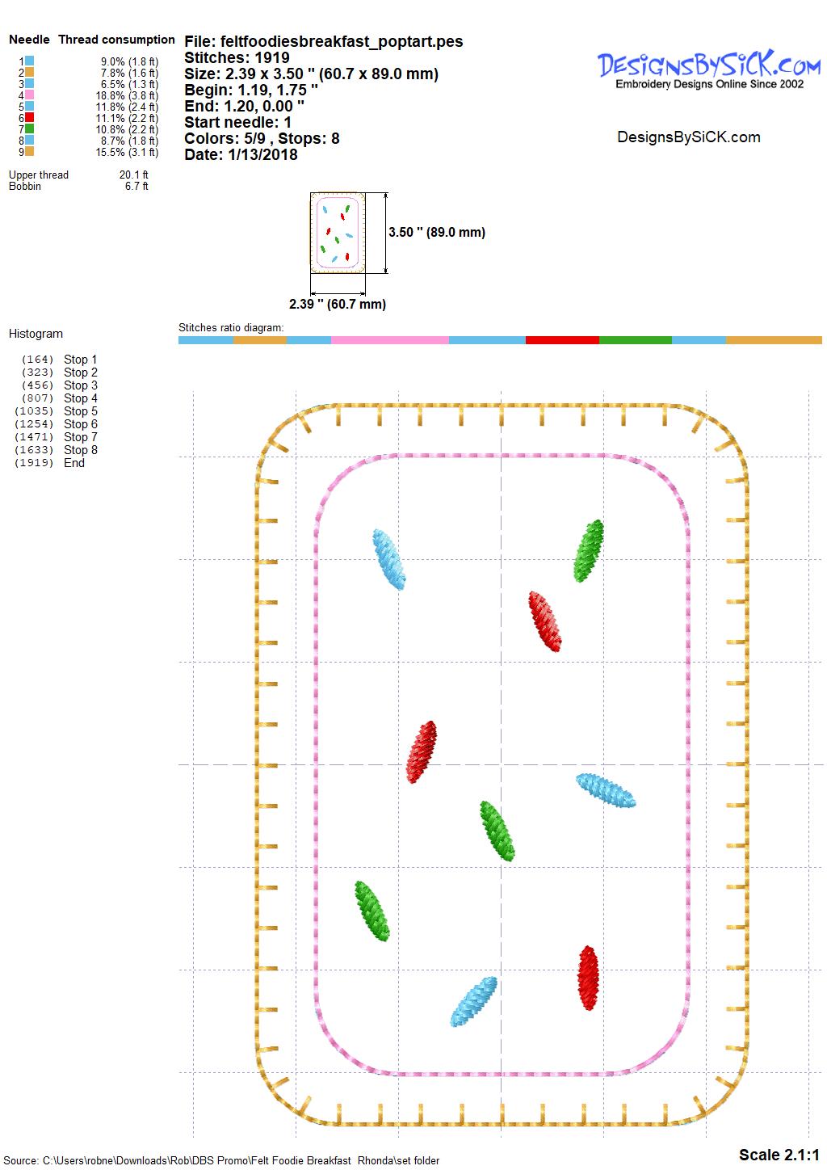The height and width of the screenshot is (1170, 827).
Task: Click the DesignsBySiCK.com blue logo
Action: click(708, 69)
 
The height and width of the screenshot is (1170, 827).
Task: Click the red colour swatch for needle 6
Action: click(30, 117)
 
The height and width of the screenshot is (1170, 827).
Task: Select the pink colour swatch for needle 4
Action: click(30, 95)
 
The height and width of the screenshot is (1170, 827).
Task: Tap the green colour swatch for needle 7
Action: click(30, 129)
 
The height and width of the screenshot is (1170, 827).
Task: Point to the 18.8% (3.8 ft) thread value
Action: click(127, 95)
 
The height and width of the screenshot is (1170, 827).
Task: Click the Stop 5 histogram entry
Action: click(81, 411)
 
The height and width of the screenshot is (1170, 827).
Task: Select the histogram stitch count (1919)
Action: click(34, 463)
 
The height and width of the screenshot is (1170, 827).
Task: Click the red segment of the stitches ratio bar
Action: click(562, 340)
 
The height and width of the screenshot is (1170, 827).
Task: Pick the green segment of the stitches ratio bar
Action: click(635, 340)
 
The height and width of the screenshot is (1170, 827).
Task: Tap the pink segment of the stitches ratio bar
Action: click(389, 340)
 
